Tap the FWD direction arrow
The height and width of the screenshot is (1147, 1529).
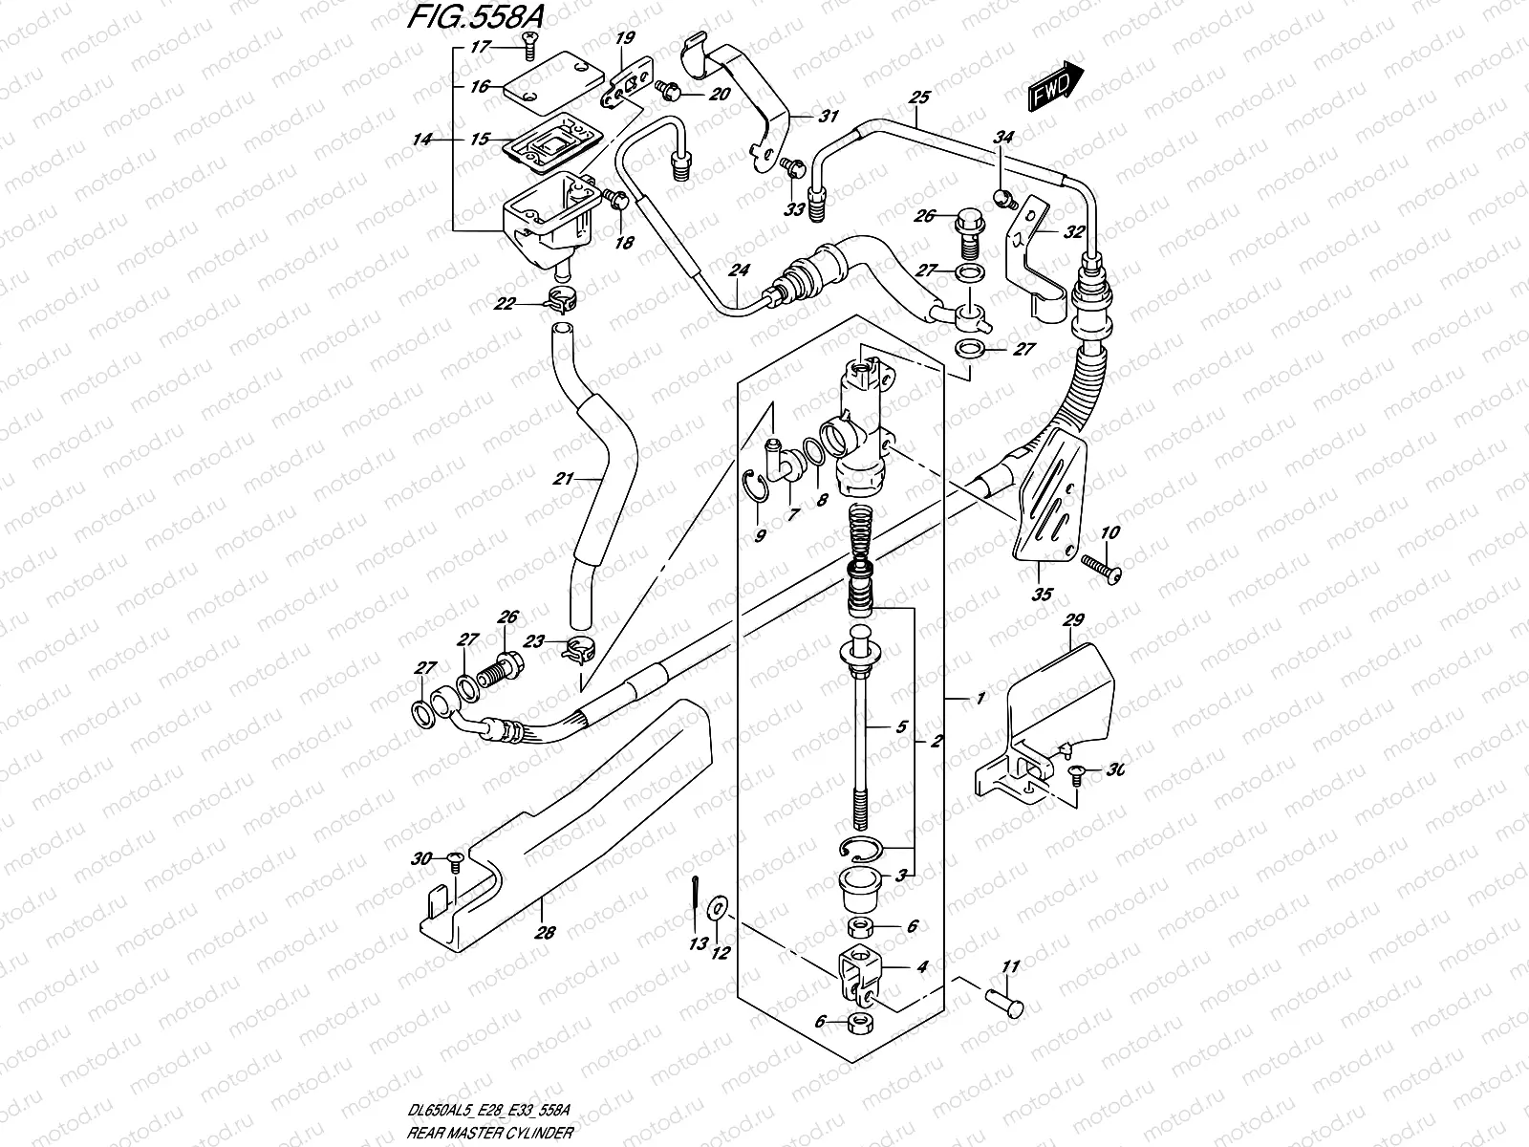[x=1055, y=87]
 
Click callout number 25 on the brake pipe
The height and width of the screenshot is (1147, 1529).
[x=919, y=97]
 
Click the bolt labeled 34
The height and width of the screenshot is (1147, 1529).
[x=1003, y=198]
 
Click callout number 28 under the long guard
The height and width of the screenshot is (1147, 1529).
[x=545, y=934]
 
